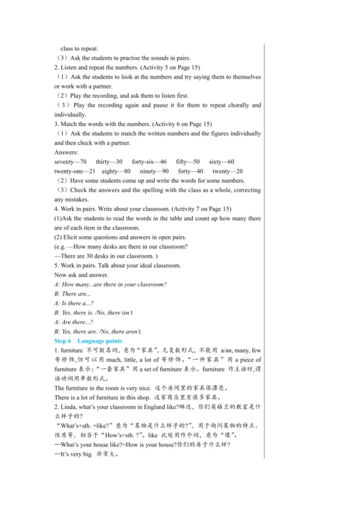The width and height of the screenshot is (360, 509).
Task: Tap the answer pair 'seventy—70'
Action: (71, 162)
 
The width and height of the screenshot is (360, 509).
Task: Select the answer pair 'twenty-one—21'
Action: (74, 171)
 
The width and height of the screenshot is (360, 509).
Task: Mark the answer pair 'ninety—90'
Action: (155, 171)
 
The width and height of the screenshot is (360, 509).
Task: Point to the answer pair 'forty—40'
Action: (191, 171)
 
